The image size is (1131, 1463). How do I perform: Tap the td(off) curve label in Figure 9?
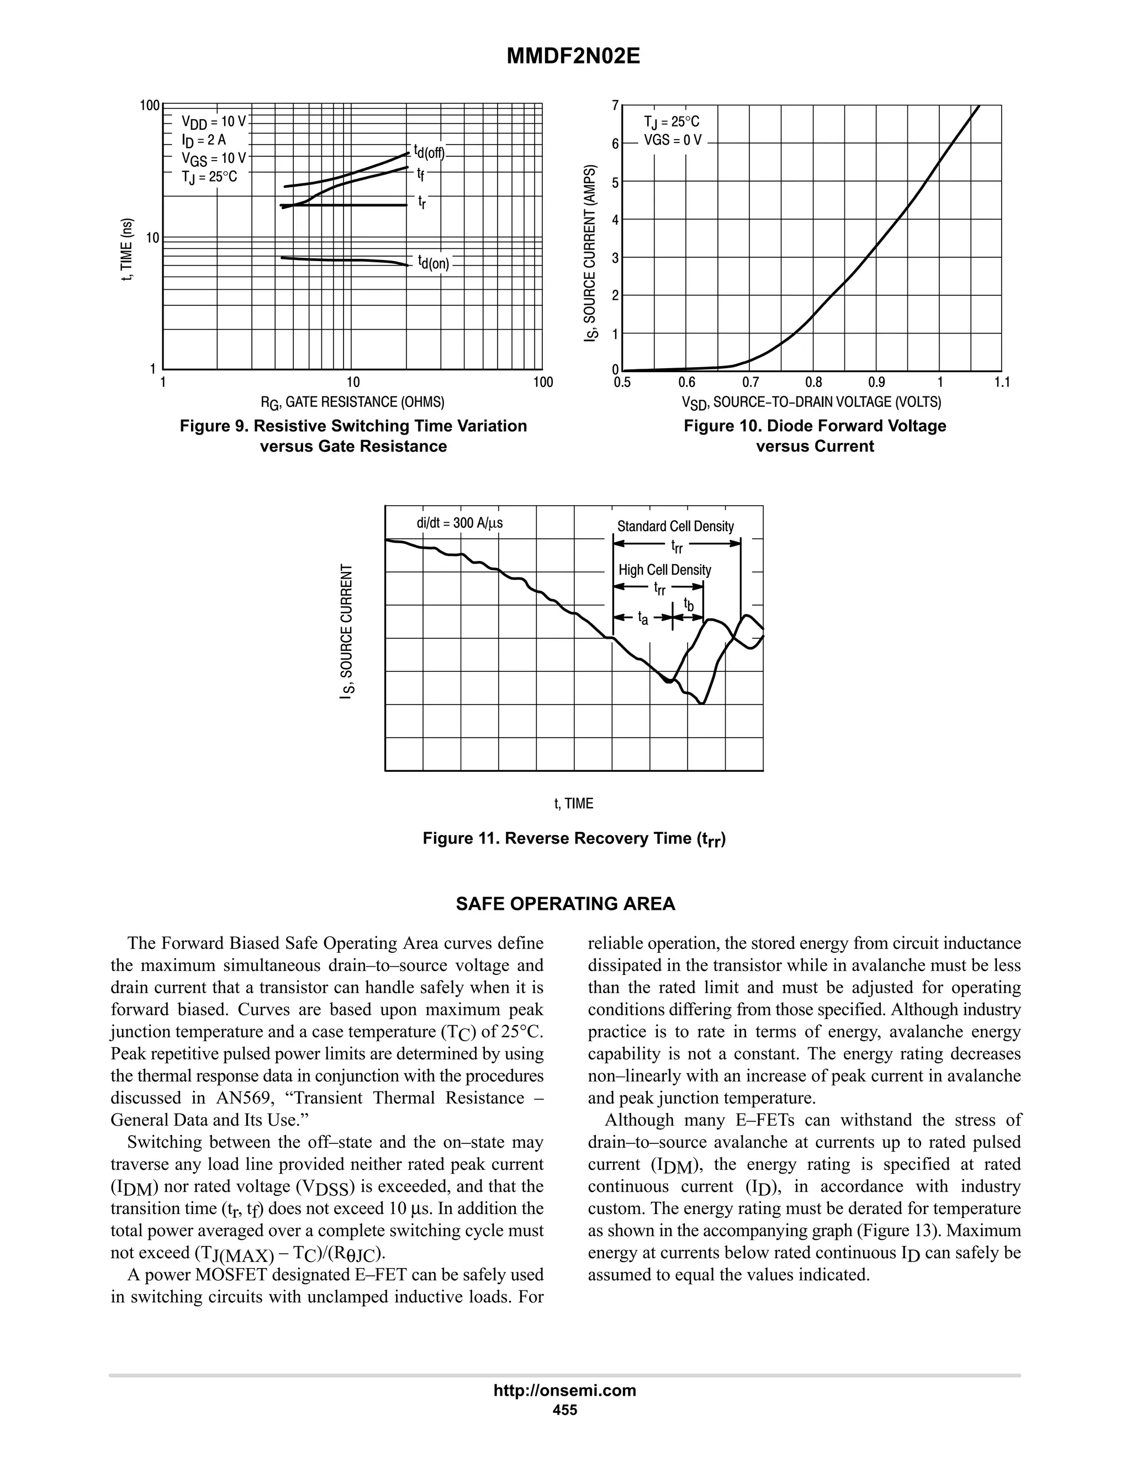click(x=428, y=151)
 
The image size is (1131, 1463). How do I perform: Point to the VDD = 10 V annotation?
click(x=214, y=122)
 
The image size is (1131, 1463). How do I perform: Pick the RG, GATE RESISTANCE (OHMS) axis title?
click(x=352, y=402)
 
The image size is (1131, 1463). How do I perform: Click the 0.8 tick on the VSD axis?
click(x=813, y=383)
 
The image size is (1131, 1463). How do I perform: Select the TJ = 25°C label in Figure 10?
click(x=672, y=122)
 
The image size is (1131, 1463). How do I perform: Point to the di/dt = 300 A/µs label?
click(x=459, y=523)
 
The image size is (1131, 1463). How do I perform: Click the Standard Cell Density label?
click(x=675, y=527)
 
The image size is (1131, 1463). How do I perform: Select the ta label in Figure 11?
click(x=643, y=618)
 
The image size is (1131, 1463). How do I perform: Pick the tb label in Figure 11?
click(x=688, y=605)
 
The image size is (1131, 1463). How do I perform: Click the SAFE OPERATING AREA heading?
click(x=565, y=904)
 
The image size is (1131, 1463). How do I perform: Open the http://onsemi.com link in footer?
click(x=565, y=1390)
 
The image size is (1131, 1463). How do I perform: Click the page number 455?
click(x=565, y=1409)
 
